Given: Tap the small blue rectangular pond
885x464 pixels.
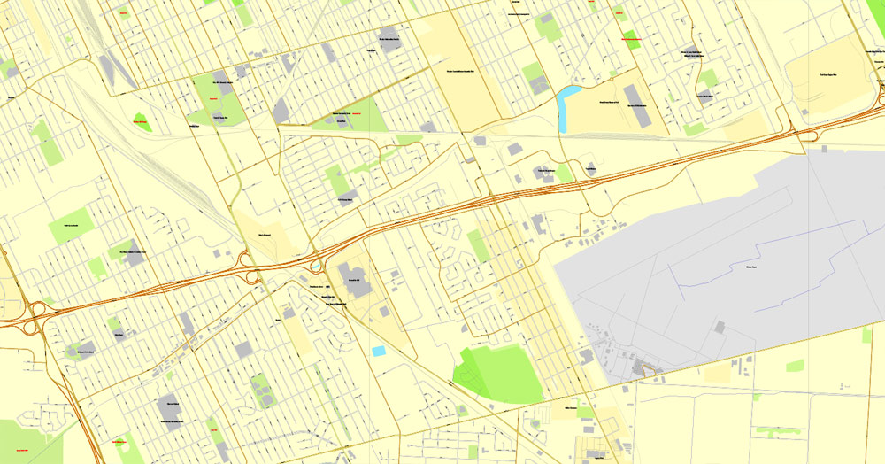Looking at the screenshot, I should pyautogui.click(x=379, y=352).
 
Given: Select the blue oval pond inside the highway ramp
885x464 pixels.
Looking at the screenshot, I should pyautogui.click(x=316, y=265).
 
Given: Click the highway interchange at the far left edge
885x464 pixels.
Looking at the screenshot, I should pyautogui.click(x=35, y=314).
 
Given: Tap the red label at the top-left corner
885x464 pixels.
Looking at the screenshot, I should pyautogui.click(x=121, y=12).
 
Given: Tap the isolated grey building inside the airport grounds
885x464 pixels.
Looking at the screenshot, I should pyautogui.click(x=718, y=328).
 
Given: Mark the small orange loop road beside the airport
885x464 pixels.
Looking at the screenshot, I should pyautogui.click(x=651, y=371).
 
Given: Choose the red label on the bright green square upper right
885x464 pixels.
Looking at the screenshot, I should pyautogui.click(x=631, y=40).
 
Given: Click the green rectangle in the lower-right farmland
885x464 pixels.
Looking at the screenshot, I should pyautogui.click(x=795, y=366).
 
